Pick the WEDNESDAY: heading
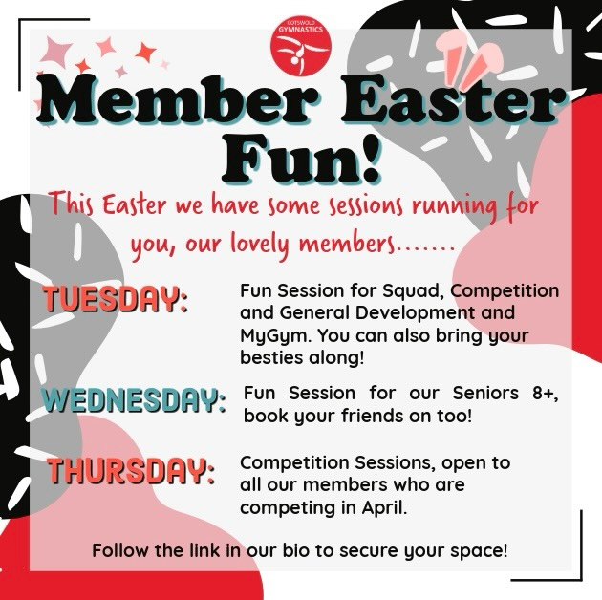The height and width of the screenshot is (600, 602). coord(134,398)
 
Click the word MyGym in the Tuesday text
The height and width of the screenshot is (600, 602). coord(271,335)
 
